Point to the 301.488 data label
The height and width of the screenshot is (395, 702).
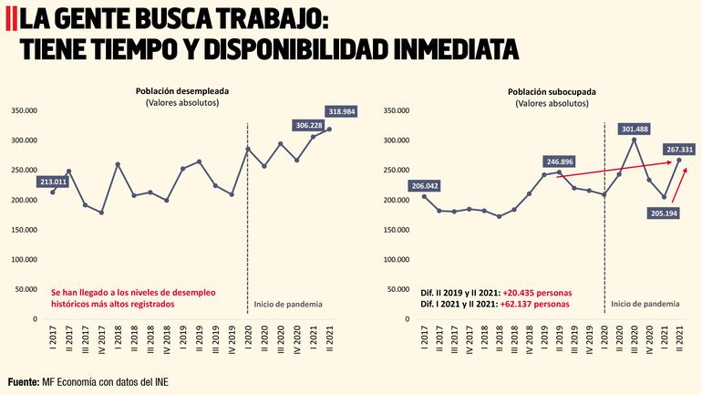pos(635,130)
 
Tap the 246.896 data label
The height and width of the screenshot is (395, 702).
pos(560,161)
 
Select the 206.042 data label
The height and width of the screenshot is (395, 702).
pos(426,186)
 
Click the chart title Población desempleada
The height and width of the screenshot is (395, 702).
pos(182,91)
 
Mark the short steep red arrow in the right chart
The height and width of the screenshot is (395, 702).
pos(678,184)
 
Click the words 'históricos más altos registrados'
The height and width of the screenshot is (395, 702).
pos(112,304)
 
